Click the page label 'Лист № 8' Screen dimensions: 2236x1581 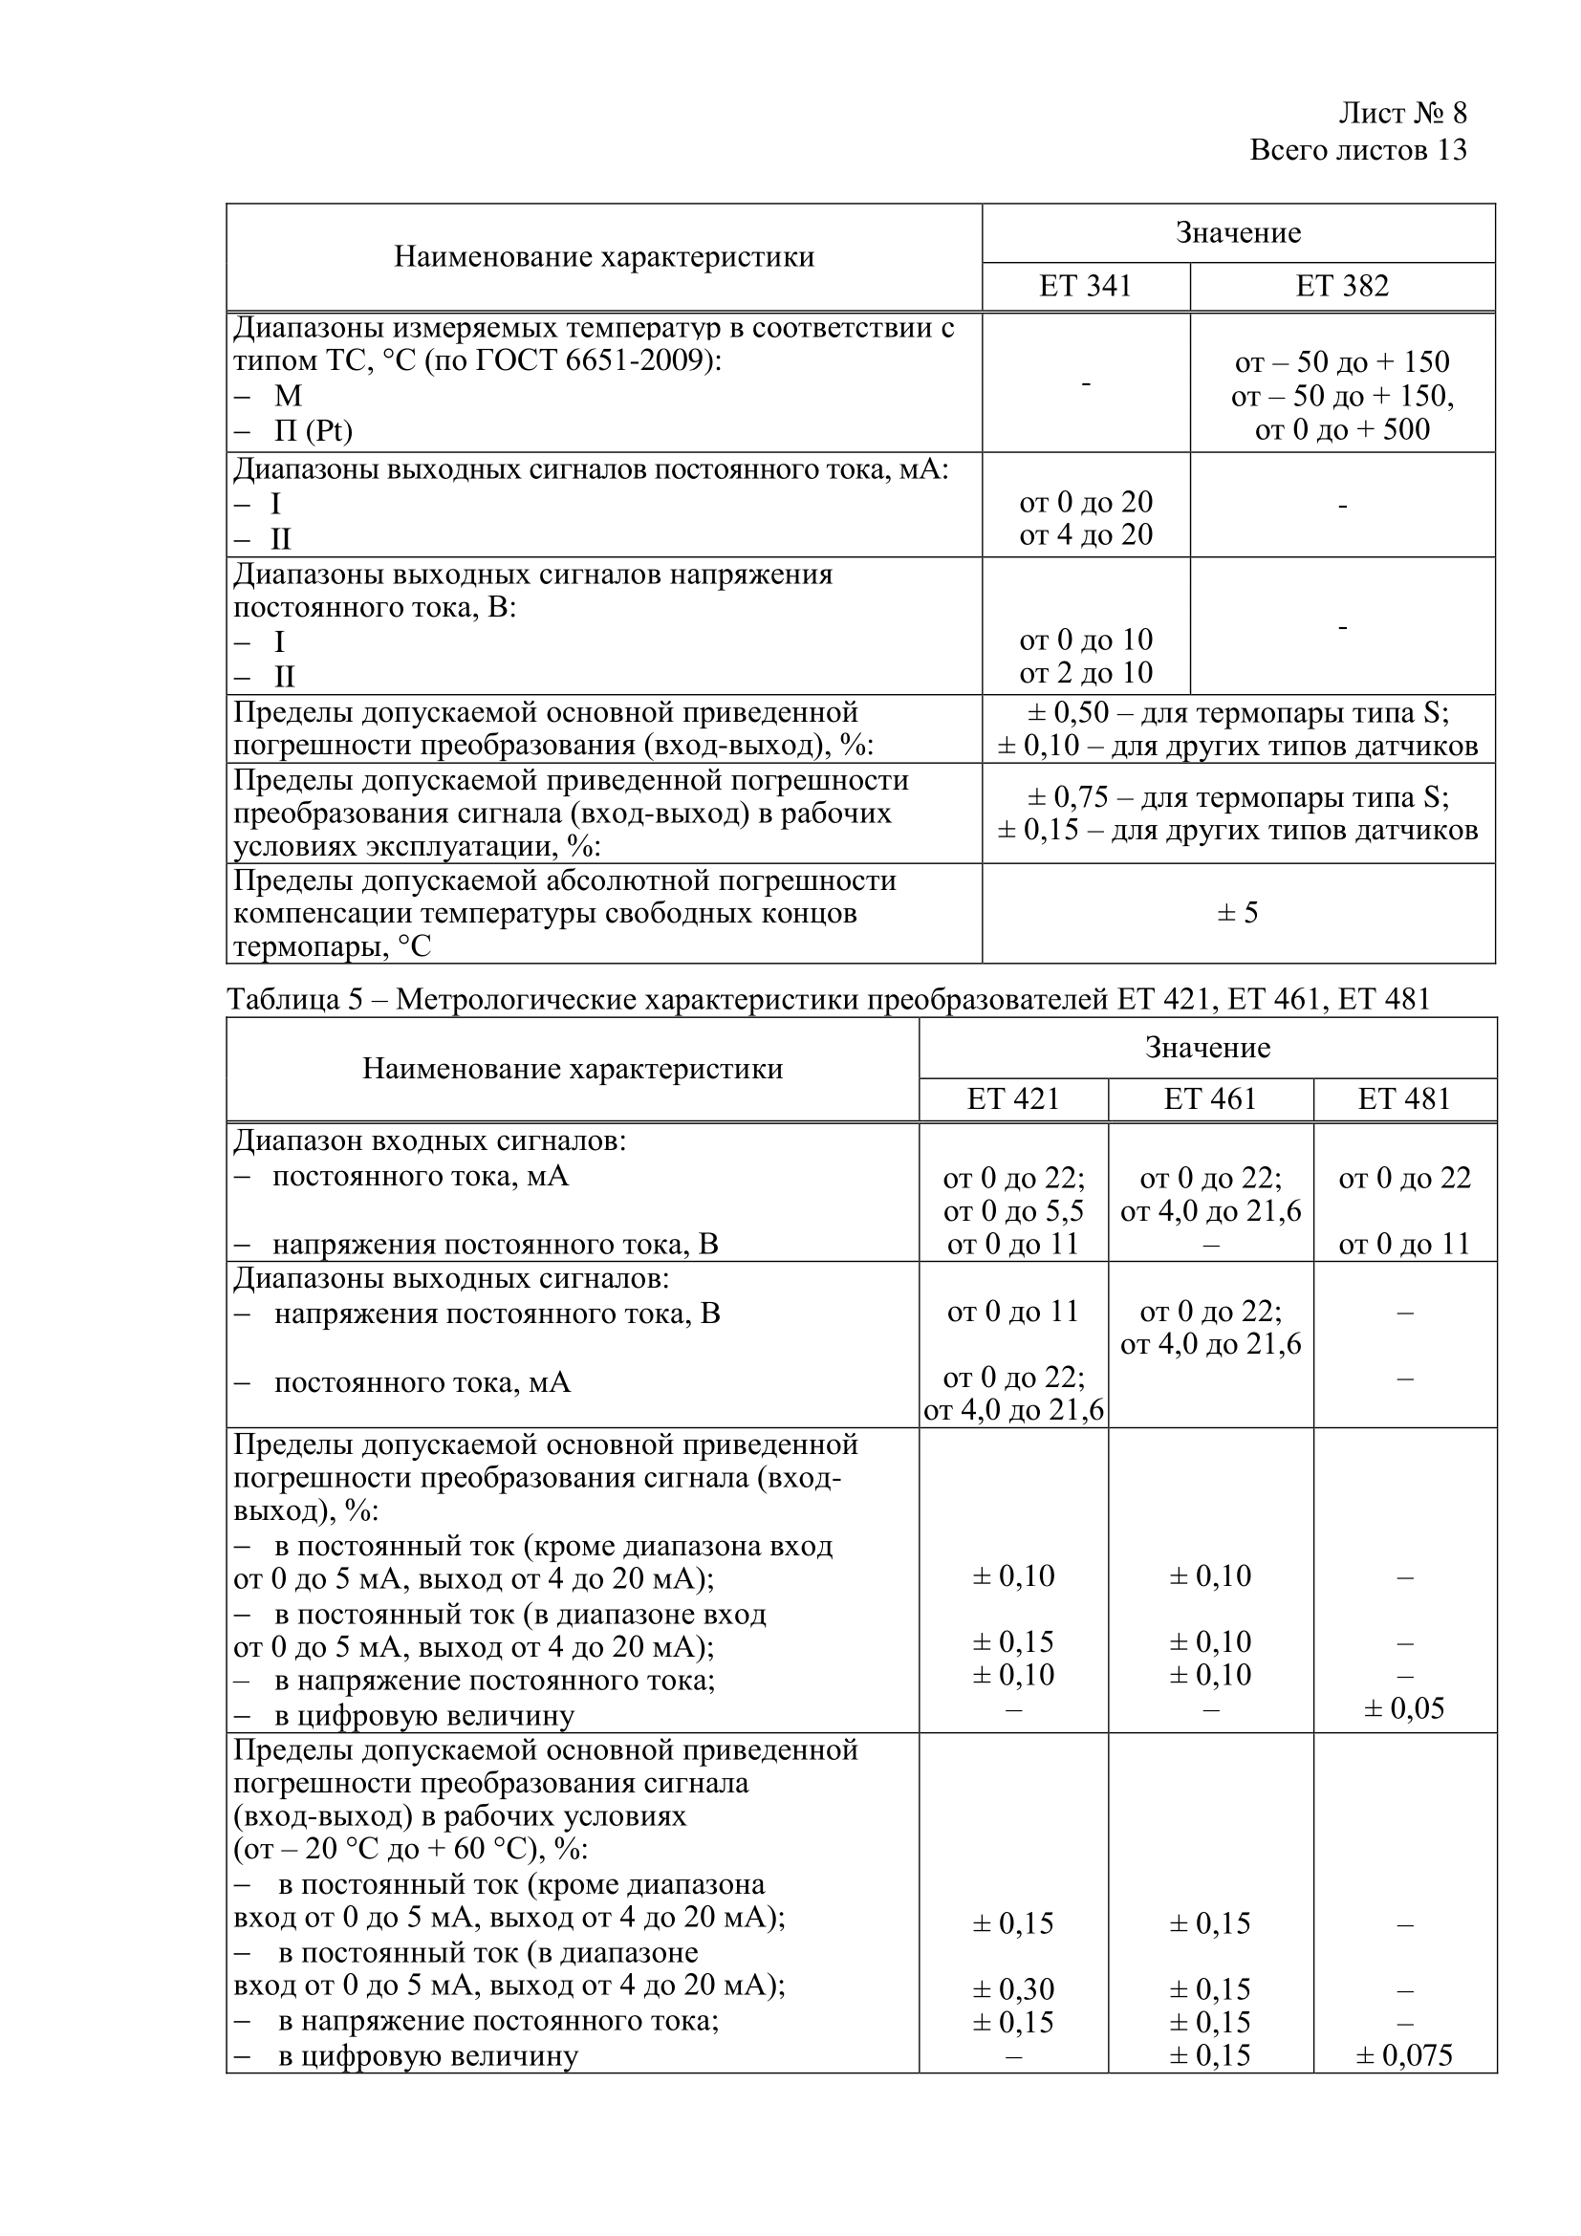click(x=1402, y=114)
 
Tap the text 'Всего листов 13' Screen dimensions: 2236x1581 click(x=1357, y=150)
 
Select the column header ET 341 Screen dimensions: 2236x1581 click(x=1086, y=287)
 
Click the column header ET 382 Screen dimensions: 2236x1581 click(x=1341, y=287)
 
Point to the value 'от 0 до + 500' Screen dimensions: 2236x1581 click(x=1341, y=429)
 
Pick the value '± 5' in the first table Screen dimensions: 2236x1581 click(x=1237, y=913)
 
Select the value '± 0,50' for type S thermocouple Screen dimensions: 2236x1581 click(x=1068, y=713)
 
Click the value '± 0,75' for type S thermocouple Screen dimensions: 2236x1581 click(x=1068, y=797)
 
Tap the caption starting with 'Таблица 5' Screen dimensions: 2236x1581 click(x=828, y=999)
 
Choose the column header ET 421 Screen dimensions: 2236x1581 click(x=1012, y=1099)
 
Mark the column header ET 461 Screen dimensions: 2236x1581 click(x=1210, y=1099)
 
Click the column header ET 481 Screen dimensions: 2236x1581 click(x=1404, y=1099)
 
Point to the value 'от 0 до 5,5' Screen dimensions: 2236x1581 click(x=1012, y=1211)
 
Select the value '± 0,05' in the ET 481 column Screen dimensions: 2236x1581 click(x=1404, y=1708)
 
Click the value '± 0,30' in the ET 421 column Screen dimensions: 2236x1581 click(x=1012, y=1988)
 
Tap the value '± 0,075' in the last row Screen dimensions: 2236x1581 click(x=1404, y=2055)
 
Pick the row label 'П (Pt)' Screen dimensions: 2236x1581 click(x=313, y=430)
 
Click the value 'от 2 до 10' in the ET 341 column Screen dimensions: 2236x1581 click(x=1086, y=673)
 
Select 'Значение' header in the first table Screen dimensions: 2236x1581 click(x=1237, y=232)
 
